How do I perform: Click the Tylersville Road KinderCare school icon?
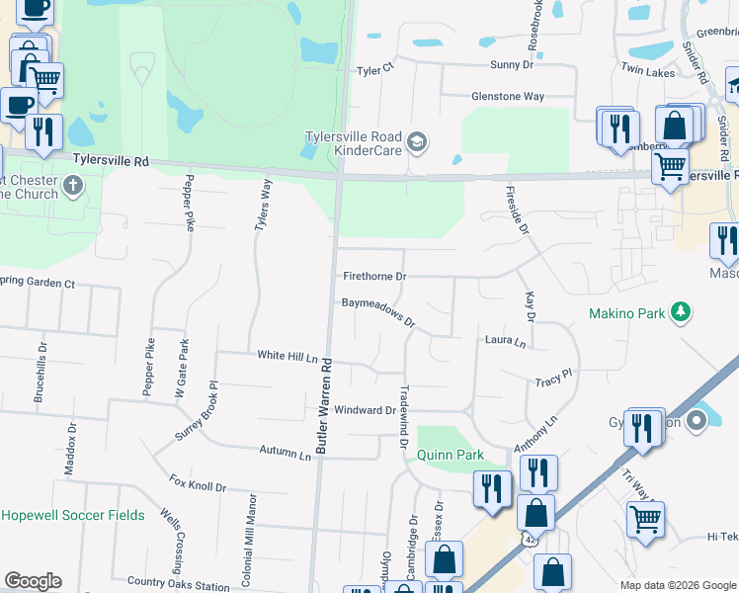click(418, 143)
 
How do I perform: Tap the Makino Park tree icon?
click(680, 313)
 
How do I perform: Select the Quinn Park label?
click(450, 455)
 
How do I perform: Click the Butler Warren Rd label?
click(324, 405)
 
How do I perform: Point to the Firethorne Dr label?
click(374, 276)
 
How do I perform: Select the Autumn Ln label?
click(285, 451)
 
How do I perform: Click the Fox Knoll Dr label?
click(198, 485)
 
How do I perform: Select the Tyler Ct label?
click(375, 70)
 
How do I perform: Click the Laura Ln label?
click(505, 342)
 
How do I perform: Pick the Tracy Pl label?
click(553, 380)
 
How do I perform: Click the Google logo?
click(33, 581)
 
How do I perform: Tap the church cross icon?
click(72, 185)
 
